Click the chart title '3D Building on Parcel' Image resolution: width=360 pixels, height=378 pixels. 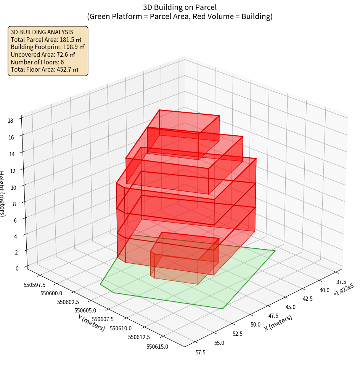[180, 7]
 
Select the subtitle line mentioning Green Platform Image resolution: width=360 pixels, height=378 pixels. [180, 16]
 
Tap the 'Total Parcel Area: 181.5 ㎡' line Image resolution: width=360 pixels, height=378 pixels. [46, 39]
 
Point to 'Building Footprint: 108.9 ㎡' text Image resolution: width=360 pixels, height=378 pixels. [48, 47]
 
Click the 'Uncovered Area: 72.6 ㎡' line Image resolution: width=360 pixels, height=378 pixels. [44, 54]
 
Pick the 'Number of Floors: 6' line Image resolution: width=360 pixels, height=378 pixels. [37, 62]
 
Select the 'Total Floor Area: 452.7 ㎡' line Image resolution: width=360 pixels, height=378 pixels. [45, 69]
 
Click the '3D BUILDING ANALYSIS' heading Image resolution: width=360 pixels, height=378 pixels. [42, 32]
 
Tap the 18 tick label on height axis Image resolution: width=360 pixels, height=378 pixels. [10, 121]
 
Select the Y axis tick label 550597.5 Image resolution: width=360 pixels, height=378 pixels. [34, 285]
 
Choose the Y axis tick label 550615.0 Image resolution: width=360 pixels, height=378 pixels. [157, 346]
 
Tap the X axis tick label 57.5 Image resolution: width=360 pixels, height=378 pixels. [200, 352]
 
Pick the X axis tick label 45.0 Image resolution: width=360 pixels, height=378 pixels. [290, 307]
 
